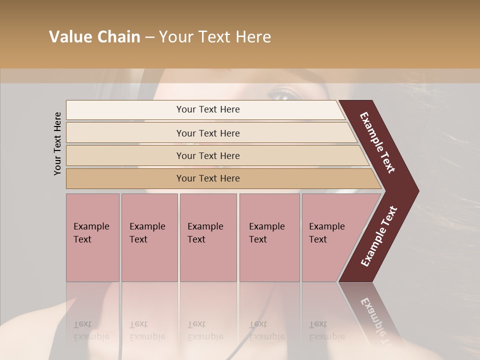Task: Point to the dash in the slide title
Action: pos(149,37)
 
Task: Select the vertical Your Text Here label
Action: pos(57,143)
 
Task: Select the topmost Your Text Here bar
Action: pos(207,109)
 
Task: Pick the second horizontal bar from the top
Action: pos(207,133)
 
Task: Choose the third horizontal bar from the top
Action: pos(207,155)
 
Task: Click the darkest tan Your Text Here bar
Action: pos(207,178)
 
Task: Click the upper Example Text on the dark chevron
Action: pos(377,142)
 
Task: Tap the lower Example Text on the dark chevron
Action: pos(378,236)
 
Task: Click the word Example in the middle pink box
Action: pos(205,226)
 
